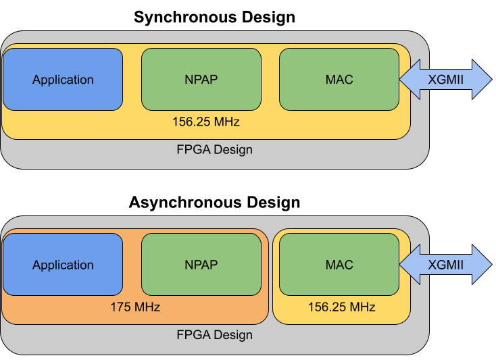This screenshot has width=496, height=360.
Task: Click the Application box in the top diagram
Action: coord(63,95)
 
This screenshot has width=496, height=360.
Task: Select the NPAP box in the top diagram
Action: coord(201,95)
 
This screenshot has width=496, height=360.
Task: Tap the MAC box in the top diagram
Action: coord(339,95)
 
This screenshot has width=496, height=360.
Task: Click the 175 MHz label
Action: coord(135,307)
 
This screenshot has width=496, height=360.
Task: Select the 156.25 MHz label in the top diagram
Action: coord(206,122)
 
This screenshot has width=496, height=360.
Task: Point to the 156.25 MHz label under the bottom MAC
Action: coord(341,307)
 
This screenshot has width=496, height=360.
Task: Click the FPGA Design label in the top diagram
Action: coord(214,150)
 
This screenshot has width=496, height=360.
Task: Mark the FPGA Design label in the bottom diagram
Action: coord(214,335)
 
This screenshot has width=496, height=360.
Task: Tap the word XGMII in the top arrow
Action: coord(446,80)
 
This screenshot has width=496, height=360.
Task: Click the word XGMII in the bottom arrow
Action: coord(446,265)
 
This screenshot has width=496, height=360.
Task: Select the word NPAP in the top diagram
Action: coord(201,80)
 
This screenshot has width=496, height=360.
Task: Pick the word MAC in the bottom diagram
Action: coord(339,265)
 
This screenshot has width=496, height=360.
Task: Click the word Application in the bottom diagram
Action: coord(63,265)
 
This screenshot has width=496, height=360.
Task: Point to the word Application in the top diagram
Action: coord(63,80)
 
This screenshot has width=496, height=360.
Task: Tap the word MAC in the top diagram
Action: coord(339,80)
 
